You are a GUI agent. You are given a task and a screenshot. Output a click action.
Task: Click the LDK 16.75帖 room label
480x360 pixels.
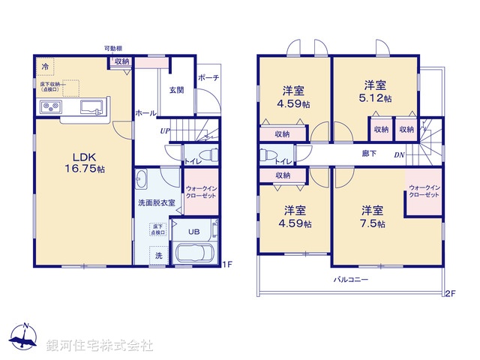88,163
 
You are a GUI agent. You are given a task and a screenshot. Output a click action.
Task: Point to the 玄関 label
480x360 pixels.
175,90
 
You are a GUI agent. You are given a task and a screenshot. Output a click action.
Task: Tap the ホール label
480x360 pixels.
145,113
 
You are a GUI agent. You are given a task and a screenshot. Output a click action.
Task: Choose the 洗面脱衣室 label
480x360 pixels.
156,202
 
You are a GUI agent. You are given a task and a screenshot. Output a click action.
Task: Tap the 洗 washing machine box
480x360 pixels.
158,256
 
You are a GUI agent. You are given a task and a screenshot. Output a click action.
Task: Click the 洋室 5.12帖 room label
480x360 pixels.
376,91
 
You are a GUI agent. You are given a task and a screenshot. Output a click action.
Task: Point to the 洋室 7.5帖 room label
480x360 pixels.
373,217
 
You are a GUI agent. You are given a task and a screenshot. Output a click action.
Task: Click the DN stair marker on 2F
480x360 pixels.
399,155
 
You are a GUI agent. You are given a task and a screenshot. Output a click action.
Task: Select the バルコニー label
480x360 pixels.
351,279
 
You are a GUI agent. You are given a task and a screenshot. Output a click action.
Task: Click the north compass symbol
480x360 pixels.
25,339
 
